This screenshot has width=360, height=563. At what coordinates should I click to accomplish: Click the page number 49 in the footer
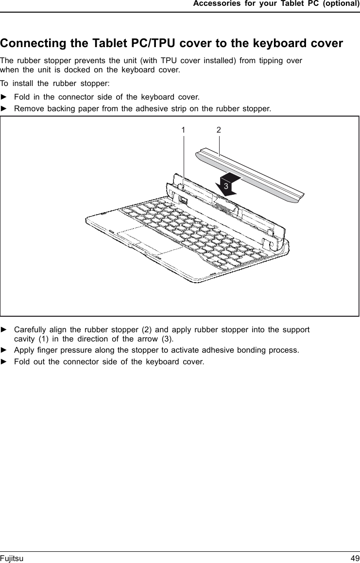click(x=355, y=559)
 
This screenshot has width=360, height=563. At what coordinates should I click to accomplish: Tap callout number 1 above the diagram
click(x=183, y=130)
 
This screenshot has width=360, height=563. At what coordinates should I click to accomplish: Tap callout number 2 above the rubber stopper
click(x=219, y=130)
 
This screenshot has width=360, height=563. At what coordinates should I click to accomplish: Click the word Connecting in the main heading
click(x=34, y=43)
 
